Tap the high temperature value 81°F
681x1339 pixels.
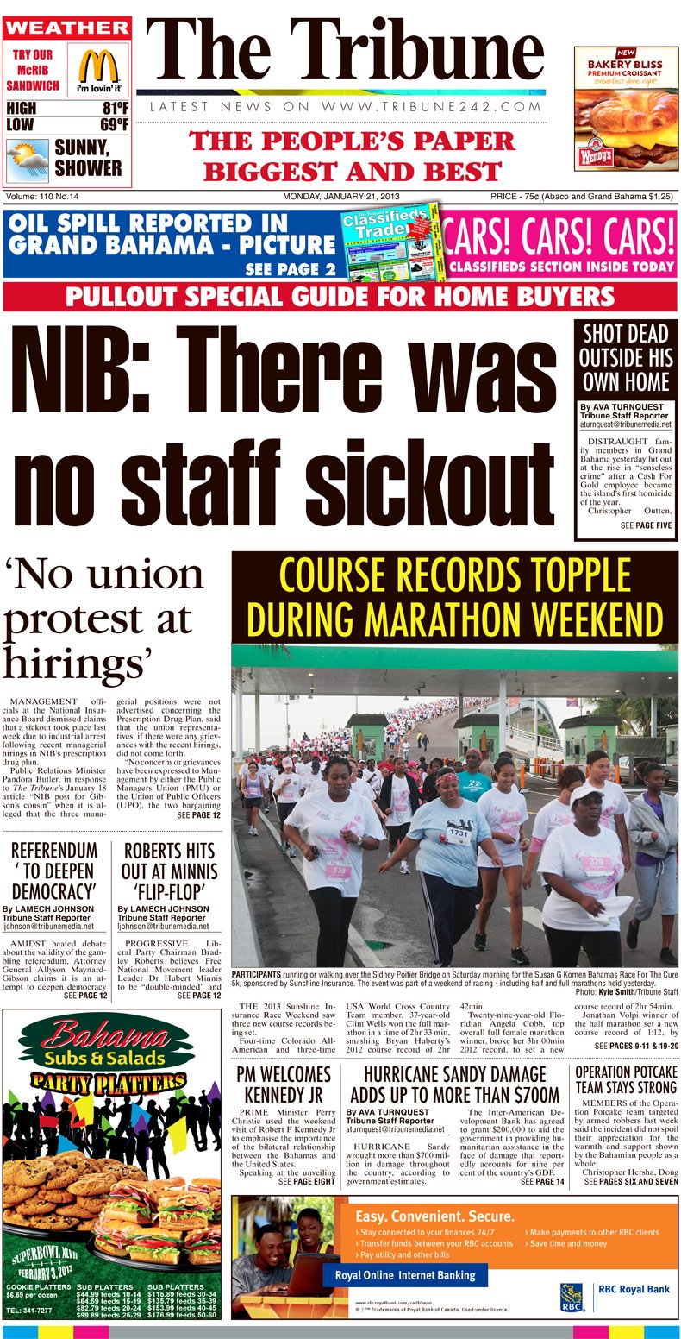click(x=115, y=109)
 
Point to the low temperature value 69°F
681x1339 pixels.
click(x=115, y=126)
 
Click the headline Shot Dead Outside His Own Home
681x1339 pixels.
click(x=626, y=358)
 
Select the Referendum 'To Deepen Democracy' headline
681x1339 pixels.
click(x=53, y=871)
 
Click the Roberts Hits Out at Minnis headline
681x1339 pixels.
click(x=169, y=871)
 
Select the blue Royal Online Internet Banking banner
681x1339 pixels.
click(x=404, y=1275)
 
